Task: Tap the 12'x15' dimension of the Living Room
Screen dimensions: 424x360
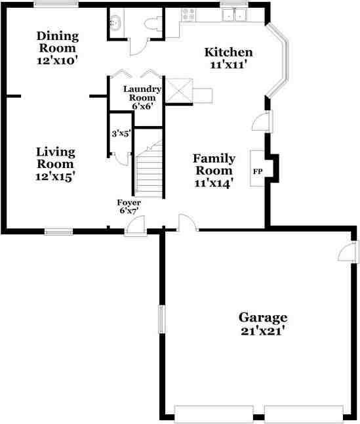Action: click(56, 176)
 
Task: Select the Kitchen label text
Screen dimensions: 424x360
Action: click(228, 53)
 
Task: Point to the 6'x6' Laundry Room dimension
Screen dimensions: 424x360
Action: click(142, 106)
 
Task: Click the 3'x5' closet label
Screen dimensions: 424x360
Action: click(121, 133)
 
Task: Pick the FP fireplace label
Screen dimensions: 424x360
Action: click(258, 171)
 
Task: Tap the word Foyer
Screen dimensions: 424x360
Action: click(129, 202)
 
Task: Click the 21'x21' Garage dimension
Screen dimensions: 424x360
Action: click(262, 330)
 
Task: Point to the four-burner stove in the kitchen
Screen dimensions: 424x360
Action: click(189, 13)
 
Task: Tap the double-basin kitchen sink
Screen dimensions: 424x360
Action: click(233, 13)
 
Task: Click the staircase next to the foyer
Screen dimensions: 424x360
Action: click(149, 174)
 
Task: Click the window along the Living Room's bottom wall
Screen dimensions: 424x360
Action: click(58, 231)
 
